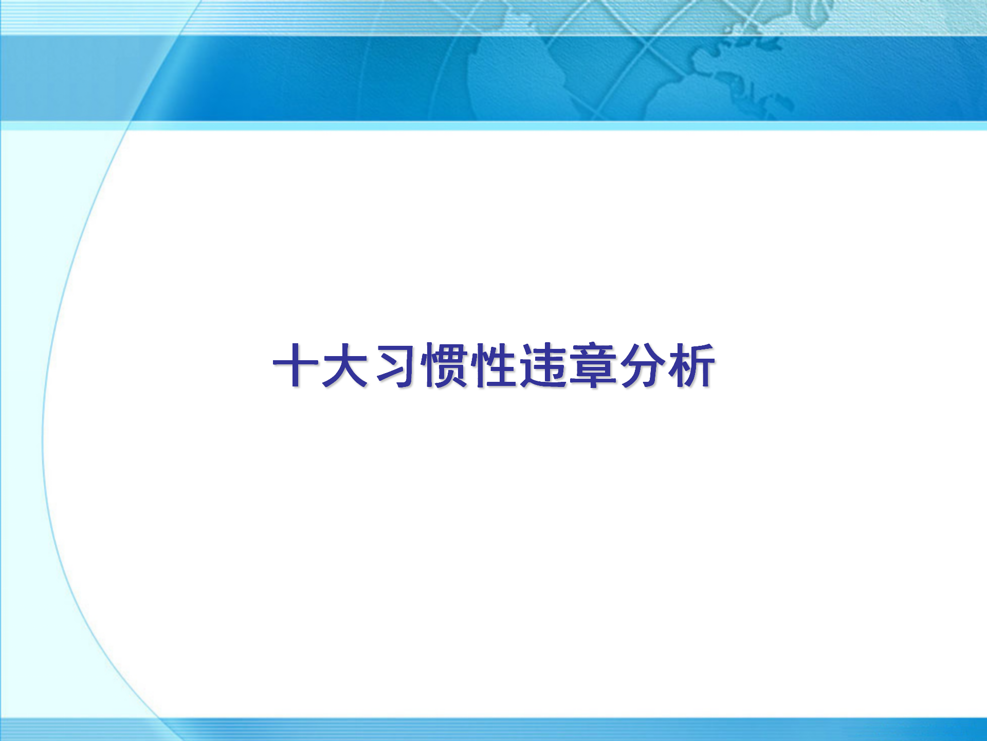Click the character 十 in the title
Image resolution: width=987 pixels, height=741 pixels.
[x=296, y=365]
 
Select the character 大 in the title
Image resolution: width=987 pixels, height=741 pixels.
[x=345, y=365]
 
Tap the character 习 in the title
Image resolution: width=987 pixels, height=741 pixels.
[x=395, y=365]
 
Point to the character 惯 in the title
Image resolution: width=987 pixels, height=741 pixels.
[x=444, y=365]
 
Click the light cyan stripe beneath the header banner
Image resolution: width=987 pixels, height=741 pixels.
[x=493, y=126]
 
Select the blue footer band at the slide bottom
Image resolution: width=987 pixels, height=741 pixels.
[x=493, y=729]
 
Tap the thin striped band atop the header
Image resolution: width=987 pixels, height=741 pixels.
[x=493, y=17]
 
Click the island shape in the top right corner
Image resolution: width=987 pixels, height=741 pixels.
[x=817, y=13]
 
